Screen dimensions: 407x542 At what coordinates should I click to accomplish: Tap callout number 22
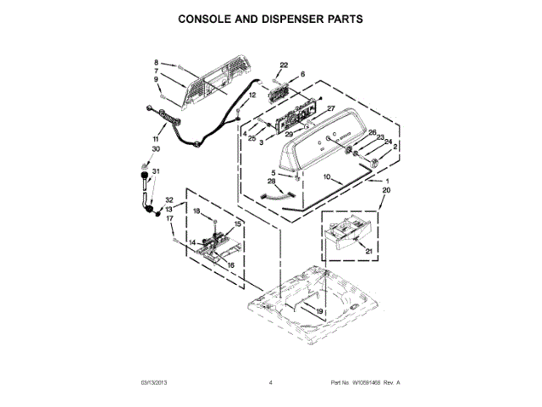click(x=285, y=64)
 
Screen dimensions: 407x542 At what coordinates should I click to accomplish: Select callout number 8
click(x=157, y=63)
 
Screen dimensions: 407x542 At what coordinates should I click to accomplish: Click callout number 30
click(x=155, y=149)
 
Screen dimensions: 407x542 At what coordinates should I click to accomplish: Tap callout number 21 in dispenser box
click(x=367, y=251)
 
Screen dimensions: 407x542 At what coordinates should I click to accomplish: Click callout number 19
click(x=320, y=312)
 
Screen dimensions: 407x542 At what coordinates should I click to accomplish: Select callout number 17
click(x=169, y=219)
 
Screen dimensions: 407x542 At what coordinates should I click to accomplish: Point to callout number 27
click(x=331, y=108)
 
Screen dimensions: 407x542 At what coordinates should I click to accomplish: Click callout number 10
click(x=328, y=176)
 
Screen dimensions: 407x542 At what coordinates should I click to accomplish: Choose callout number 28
click(x=272, y=181)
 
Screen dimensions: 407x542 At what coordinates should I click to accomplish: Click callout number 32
click(x=169, y=200)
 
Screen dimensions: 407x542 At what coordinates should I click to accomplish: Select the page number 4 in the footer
click(x=270, y=383)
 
